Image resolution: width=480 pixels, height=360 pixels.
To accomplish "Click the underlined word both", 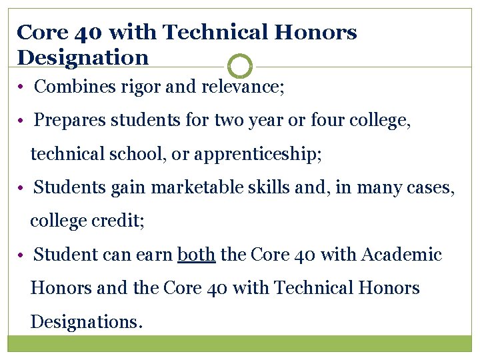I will (x=197, y=255).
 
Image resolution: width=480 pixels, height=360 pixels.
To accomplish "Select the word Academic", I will (x=403, y=255).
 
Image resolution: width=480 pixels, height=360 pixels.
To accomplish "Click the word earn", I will (x=153, y=255).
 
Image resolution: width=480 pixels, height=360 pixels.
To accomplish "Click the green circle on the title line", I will (x=240, y=67).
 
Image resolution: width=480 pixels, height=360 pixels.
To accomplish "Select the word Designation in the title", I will (x=83, y=57).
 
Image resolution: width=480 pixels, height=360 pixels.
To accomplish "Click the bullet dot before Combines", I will (x=23, y=87).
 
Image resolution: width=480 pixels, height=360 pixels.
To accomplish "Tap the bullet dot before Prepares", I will (x=23, y=121).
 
